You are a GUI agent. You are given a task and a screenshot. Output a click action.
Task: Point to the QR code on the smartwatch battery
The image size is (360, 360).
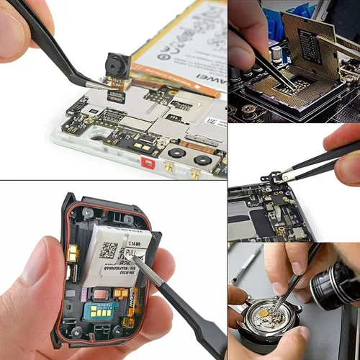pos(108,251)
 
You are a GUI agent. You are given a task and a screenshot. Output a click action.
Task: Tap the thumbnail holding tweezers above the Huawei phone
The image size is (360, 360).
pos(114,90)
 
